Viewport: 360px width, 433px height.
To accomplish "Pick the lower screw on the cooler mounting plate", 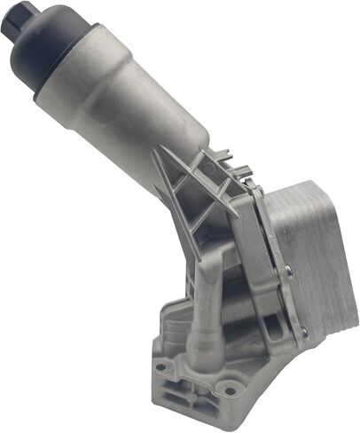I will click(x=304, y=334).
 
